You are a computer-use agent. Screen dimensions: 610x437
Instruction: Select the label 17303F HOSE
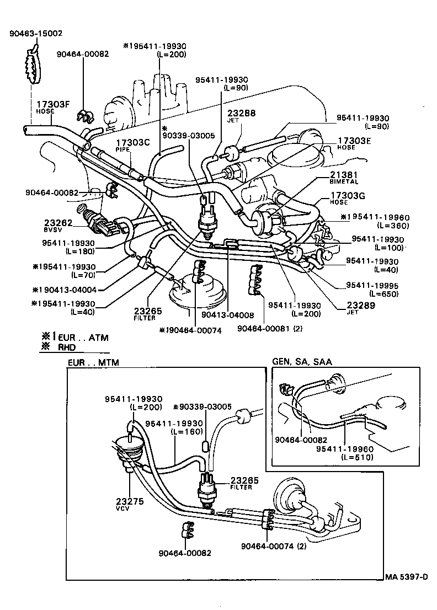(53, 106)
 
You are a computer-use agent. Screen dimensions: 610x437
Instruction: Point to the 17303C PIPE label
(132, 145)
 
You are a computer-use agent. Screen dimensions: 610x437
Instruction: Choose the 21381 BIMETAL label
(344, 177)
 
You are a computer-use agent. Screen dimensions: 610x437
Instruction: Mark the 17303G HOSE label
(347, 198)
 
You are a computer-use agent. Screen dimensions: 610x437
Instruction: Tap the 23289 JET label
(360, 307)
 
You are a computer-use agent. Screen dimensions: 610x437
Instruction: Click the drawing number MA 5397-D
(406, 577)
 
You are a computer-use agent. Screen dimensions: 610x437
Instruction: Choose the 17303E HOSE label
(354, 143)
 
